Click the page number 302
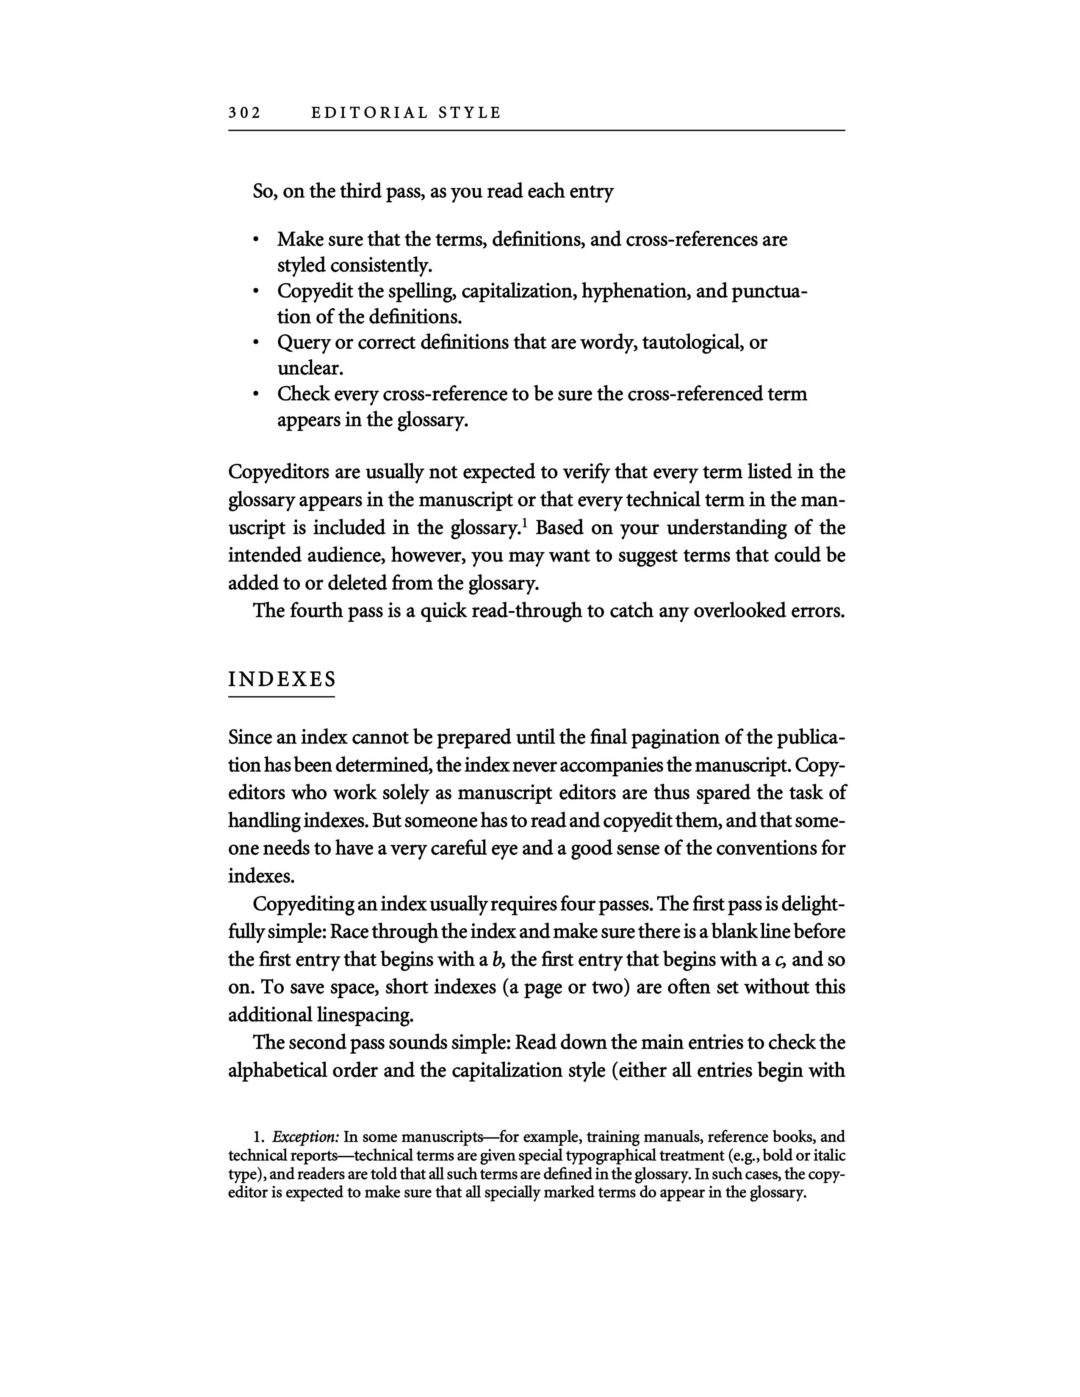[244, 113]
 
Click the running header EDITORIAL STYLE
[406, 113]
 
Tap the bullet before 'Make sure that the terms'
[256, 240]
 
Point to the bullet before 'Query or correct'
[256, 343]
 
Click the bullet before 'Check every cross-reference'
[256, 395]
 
